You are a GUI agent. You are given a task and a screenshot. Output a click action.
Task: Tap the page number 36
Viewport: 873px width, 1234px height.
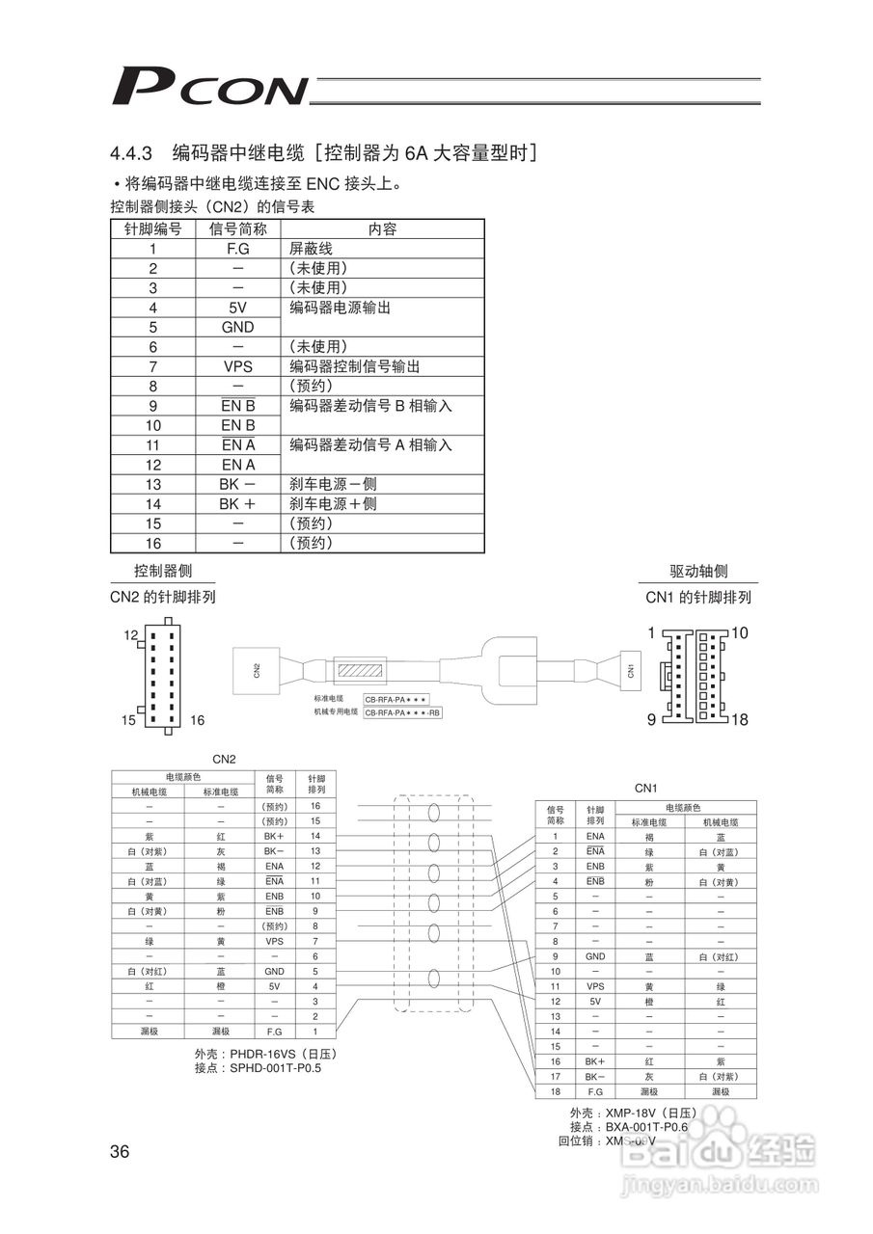(121, 1151)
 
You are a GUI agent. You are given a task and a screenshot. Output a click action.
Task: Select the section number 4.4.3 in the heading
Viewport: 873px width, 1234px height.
(133, 153)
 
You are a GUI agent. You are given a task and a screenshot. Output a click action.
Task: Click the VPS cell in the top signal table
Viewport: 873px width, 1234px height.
(237, 366)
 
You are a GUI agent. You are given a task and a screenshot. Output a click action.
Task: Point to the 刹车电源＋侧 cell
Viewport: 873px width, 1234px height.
(333, 504)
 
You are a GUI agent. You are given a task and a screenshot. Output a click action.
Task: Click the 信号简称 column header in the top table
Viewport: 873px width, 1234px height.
(237, 229)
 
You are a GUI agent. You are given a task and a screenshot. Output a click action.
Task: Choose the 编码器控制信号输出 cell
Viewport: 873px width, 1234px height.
(355, 366)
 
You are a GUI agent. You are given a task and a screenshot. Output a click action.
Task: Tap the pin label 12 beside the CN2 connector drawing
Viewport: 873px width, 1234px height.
(131, 636)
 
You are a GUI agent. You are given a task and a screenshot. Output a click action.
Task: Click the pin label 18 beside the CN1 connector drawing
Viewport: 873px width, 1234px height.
(740, 719)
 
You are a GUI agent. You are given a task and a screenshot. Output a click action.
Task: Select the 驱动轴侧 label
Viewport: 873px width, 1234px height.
(698, 572)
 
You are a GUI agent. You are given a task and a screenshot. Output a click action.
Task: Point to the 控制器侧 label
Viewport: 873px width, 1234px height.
(162, 572)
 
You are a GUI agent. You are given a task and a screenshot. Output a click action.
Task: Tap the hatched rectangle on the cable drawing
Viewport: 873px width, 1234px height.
(360, 669)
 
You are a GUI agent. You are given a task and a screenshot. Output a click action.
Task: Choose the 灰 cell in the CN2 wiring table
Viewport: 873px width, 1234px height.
(221, 851)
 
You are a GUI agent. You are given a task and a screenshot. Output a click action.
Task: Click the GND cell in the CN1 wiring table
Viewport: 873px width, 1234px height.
(595, 956)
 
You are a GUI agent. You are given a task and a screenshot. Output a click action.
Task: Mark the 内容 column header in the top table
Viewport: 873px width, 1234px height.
(382, 229)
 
